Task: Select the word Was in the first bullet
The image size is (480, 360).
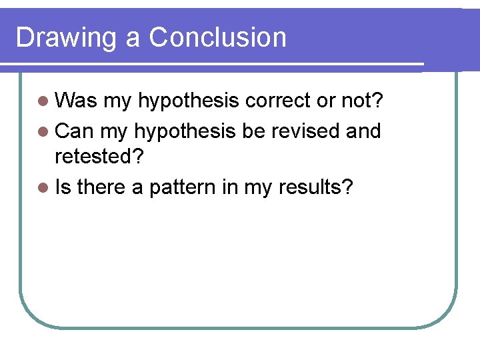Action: tap(76, 101)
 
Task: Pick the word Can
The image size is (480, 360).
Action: tap(75, 131)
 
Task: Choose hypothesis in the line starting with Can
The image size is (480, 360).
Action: tap(185, 132)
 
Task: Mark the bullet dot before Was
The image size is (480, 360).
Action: tap(43, 101)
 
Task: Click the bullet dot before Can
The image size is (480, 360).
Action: tap(43, 131)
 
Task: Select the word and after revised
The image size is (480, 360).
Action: tap(363, 131)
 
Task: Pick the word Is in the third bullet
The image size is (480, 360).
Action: tap(63, 188)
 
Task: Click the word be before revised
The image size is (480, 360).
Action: tap(253, 131)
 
